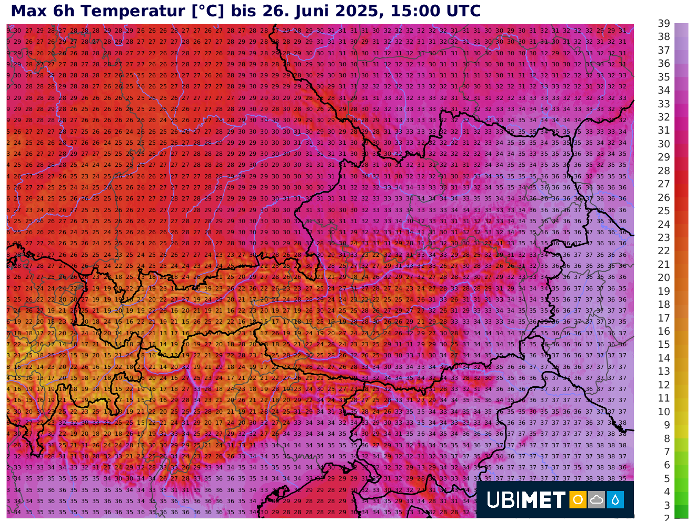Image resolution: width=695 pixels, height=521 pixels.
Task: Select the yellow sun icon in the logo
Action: [x=578, y=499]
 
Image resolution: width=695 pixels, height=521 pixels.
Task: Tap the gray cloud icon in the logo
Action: [x=597, y=499]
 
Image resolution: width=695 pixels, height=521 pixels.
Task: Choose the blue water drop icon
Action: [x=615, y=499]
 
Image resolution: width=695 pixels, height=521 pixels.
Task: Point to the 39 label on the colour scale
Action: [x=663, y=23]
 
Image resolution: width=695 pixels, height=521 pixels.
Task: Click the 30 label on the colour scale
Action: [x=663, y=144]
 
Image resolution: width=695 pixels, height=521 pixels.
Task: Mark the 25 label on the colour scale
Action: [x=663, y=211]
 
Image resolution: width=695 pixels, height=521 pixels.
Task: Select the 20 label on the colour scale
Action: [x=663, y=277]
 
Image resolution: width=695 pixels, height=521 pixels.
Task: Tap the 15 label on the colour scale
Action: [x=663, y=344]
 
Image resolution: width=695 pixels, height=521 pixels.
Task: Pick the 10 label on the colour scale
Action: [x=663, y=412]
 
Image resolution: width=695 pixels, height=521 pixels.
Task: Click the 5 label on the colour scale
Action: [x=666, y=478]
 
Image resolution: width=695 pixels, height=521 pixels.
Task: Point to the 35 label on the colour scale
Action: [x=663, y=77]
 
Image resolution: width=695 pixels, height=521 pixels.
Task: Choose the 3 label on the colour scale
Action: [x=666, y=505]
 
